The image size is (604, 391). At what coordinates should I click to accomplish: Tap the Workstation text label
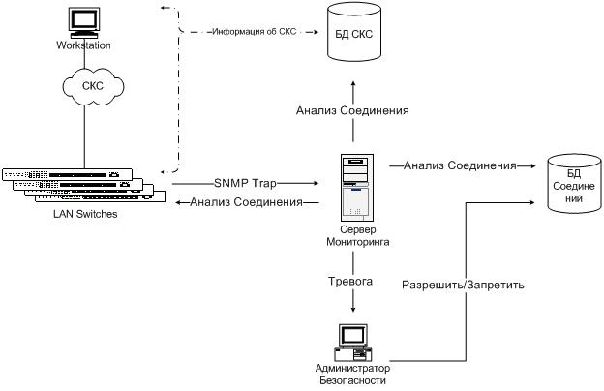84,45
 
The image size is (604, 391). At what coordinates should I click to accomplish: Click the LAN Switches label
85,214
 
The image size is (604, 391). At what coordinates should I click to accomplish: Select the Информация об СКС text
251,32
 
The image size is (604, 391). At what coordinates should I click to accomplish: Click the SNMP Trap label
247,182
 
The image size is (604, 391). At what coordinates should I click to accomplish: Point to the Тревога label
352,282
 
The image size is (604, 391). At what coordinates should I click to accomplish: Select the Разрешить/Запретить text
464,286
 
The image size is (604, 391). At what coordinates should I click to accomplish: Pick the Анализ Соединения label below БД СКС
352,111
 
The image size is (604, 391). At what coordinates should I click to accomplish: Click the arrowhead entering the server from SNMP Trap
316,182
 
